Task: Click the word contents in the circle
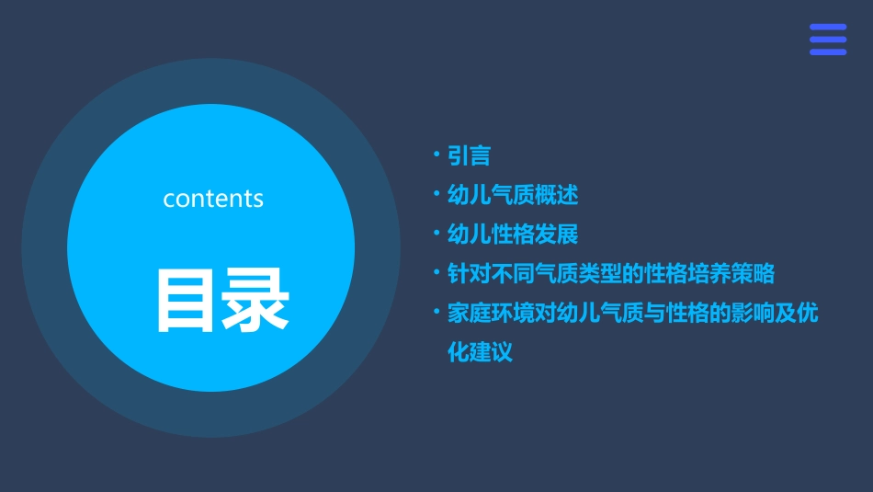213,199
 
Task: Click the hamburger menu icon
828,40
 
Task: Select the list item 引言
469,156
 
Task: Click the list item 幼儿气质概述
512,195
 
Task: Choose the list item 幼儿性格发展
512,234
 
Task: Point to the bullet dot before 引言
437,155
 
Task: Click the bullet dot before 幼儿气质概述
437,194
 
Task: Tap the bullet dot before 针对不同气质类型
437,272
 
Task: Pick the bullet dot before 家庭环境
437,312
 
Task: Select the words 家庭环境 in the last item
491,313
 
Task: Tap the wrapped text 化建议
480,351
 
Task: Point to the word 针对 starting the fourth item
469,273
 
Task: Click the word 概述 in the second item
556,195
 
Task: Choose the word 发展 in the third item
556,234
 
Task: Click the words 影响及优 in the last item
775,313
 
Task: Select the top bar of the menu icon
828,28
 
